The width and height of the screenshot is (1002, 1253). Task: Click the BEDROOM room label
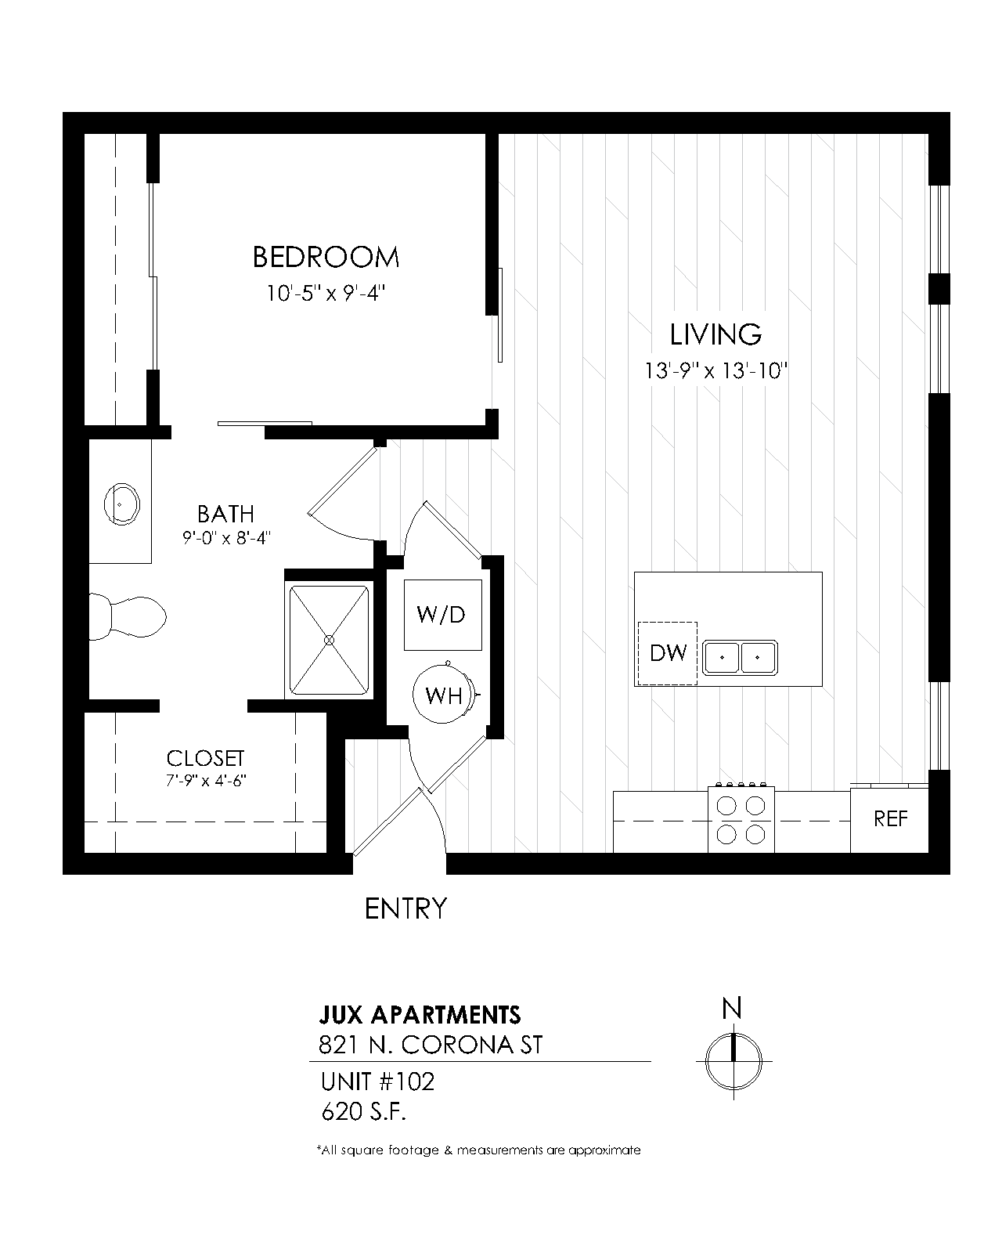click(326, 258)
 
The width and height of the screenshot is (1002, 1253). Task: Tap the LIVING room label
click(715, 335)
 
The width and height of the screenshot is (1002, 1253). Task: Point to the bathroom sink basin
click(121, 504)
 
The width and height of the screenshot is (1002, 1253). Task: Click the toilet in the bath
click(127, 616)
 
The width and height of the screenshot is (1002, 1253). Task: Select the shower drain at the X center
click(329, 640)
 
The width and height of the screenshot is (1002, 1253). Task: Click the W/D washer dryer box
click(442, 614)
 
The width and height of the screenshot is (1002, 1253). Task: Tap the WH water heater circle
click(444, 694)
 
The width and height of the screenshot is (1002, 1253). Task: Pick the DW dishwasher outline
click(667, 653)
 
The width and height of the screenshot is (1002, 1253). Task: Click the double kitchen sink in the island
click(740, 657)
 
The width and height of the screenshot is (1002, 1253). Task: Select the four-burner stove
click(741, 820)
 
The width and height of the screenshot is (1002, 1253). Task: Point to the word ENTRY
click(405, 909)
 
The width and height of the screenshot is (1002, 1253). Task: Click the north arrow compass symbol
click(733, 1061)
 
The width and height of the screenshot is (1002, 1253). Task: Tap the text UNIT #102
click(378, 1082)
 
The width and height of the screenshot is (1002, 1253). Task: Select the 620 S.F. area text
click(363, 1112)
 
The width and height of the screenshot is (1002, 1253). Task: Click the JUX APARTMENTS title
click(420, 1015)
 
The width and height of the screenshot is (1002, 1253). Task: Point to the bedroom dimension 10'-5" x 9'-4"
click(326, 293)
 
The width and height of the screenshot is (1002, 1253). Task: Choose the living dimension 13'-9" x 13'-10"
click(715, 371)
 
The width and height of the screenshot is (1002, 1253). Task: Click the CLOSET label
click(206, 758)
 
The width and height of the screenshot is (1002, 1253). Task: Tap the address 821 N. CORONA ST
click(431, 1045)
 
